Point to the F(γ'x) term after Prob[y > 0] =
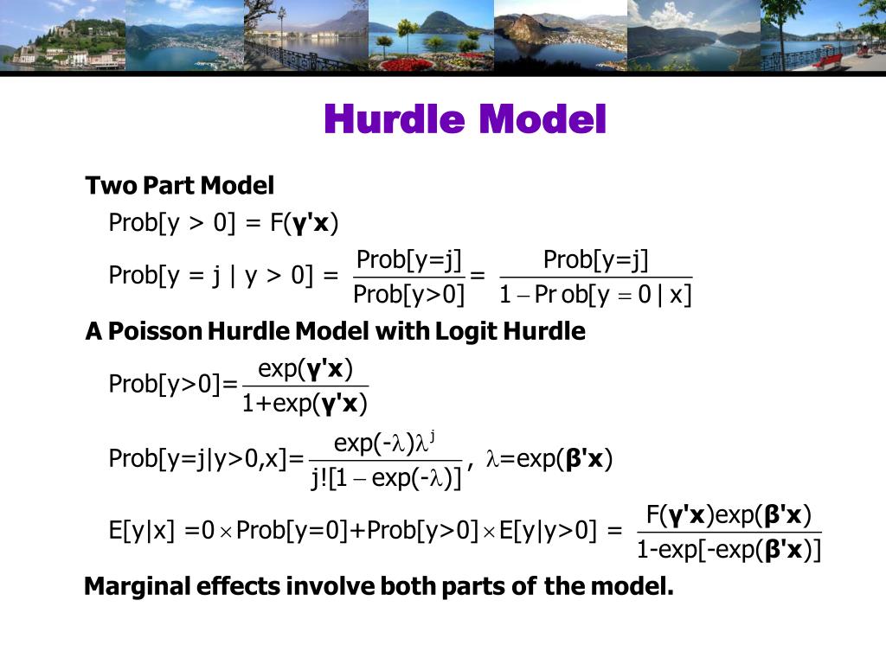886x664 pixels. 303,223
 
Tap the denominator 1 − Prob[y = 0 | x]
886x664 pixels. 595,296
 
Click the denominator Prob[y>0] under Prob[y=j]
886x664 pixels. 409,296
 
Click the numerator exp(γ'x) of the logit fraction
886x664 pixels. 305,369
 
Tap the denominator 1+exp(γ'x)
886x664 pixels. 305,403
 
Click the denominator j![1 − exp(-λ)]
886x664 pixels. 386,477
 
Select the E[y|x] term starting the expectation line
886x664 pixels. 142,529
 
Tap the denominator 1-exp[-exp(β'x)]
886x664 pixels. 729,549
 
